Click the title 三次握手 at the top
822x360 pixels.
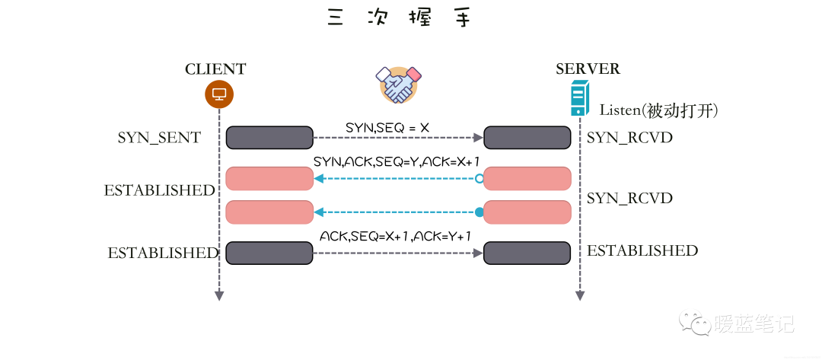click(x=399, y=18)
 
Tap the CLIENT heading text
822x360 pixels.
click(x=215, y=69)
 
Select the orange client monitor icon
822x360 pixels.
click(x=219, y=94)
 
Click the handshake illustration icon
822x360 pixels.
click(x=400, y=84)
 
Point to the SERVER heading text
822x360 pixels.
click(x=588, y=69)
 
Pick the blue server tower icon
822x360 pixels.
click(x=580, y=100)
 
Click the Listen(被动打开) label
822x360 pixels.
click(x=658, y=110)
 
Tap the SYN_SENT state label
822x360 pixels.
click(x=159, y=138)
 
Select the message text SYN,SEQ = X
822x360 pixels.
click(x=387, y=128)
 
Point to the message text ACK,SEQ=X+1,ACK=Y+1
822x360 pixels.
click(x=395, y=237)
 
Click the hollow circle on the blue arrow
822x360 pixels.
click(x=479, y=179)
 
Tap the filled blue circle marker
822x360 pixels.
click(x=479, y=212)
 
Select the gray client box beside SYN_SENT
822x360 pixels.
click(x=269, y=138)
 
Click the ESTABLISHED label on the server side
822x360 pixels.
click(x=642, y=250)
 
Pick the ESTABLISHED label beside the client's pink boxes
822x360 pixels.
click(x=160, y=190)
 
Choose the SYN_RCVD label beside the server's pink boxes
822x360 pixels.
click(x=629, y=198)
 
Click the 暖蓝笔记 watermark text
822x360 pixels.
click(x=753, y=324)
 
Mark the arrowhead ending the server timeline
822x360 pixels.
click(x=580, y=295)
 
